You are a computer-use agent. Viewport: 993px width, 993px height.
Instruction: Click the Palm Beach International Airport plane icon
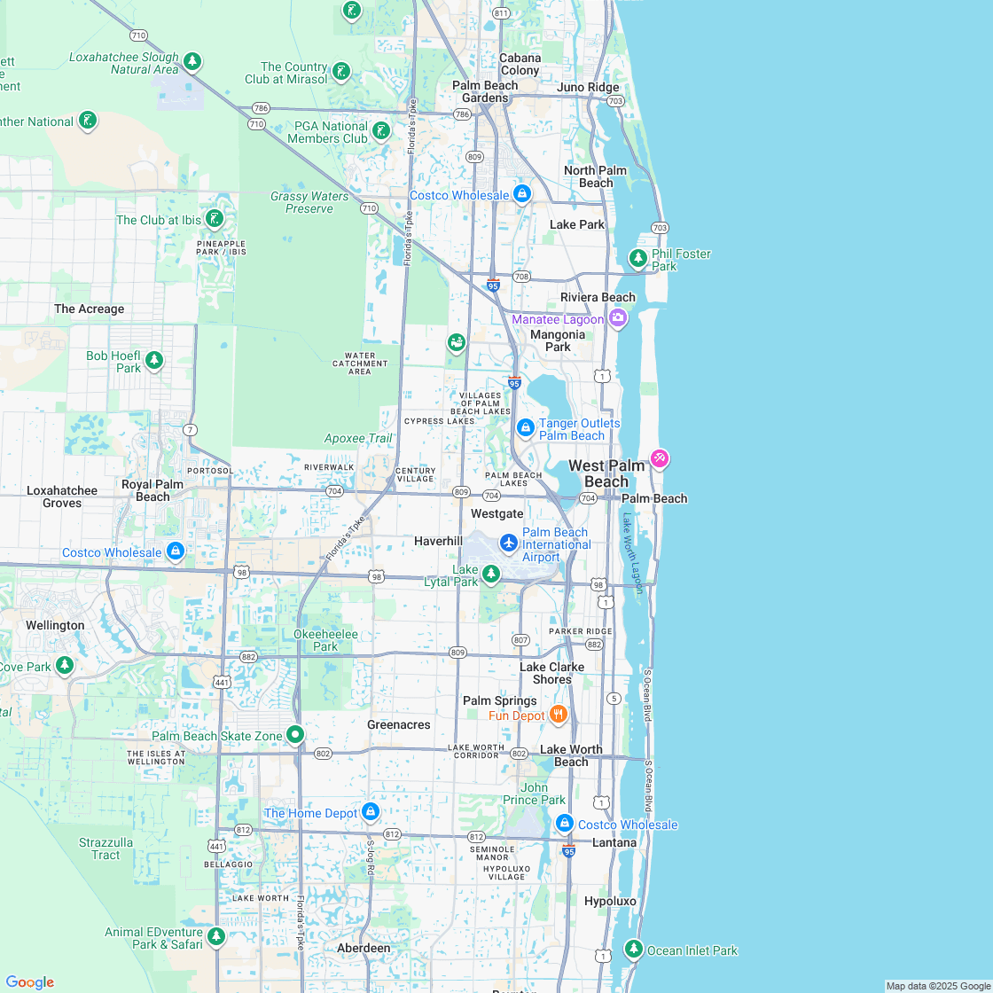[508, 542]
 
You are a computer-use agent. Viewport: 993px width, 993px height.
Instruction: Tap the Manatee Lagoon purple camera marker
[618, 318]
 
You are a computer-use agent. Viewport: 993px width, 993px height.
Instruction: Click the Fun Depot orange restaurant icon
[559, 715]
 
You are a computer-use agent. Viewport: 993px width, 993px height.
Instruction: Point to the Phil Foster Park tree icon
[637, 258]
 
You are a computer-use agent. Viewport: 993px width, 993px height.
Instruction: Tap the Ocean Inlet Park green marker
[633, 949]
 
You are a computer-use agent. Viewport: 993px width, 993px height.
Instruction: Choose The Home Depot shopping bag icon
[371, 811]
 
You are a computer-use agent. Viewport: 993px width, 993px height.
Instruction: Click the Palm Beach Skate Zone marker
[295, 734]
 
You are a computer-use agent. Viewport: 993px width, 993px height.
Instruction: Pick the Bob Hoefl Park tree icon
[155, 360]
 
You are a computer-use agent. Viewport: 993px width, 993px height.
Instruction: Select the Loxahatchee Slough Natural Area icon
[192, 62]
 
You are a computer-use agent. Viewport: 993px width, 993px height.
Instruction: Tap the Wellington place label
[55, 625]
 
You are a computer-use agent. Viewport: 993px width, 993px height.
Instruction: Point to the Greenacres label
[399, 724]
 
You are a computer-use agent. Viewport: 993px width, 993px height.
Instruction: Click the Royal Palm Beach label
[152, 490]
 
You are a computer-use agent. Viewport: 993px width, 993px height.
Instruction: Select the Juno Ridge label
[588, 87]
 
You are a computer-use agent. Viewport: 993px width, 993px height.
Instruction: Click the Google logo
[29, 981]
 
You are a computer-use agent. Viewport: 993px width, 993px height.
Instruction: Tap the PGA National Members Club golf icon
[381, 131]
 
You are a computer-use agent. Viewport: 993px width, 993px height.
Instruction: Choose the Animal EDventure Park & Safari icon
[216, 936]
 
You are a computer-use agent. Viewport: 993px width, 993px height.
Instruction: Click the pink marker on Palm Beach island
[659, 458]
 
